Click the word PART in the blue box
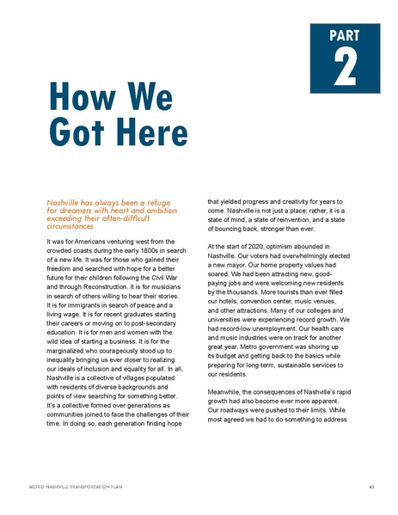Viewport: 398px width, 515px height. point(344,37)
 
